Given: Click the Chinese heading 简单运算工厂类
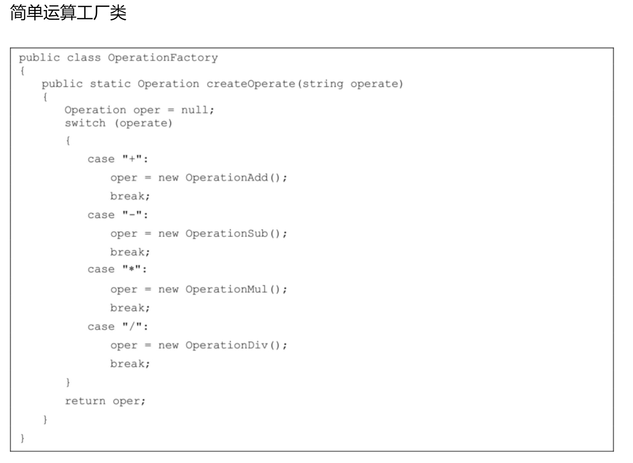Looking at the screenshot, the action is pos(68,13).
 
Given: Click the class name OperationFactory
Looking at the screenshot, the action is pos(163,58).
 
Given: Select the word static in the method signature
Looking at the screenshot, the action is pos(110,84).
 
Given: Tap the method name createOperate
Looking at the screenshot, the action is pos(251,84).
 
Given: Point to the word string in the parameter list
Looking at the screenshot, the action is pos(323,84).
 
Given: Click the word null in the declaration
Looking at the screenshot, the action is pos(194,110).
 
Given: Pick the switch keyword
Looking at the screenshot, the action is pos(85,123).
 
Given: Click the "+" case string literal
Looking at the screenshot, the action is pos(132,158).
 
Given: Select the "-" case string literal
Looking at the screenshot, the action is pos(132,214).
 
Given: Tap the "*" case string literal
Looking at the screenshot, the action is pos(132,268).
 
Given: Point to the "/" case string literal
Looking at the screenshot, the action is pos(132,326).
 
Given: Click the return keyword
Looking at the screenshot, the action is pos(85,401).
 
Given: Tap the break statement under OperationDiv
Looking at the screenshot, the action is pos(130,364).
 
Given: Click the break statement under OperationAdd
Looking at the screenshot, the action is pos(130,196).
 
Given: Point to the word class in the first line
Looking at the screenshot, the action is pos(84,58).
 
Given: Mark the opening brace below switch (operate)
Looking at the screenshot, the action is pos(68,140).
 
